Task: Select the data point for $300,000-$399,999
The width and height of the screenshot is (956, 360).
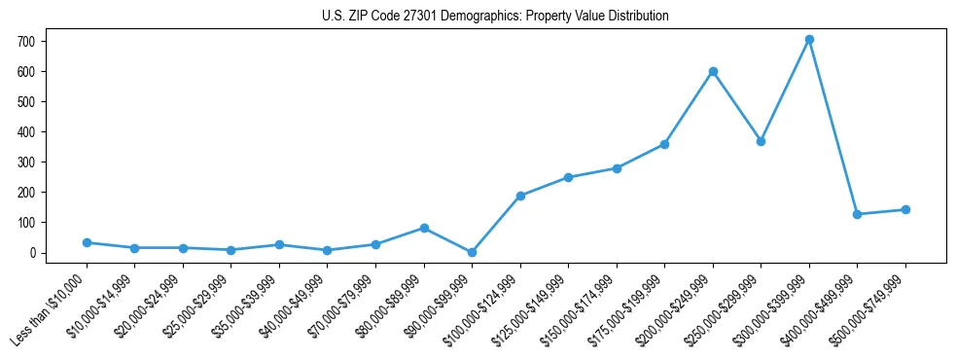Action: pos(809,40)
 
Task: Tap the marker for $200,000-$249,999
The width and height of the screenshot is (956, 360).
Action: pos(713,71)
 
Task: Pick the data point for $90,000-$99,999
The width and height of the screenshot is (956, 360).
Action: pos(472,252)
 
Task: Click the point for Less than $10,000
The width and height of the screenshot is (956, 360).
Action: pos(87,242)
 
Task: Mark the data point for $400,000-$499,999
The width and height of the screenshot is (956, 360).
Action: pos(857,214)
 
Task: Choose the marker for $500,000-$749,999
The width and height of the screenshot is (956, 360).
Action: pos(905,209)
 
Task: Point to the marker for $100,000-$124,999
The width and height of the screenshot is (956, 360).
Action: pos(520,196)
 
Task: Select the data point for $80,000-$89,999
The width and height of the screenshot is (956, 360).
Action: pos(424,228)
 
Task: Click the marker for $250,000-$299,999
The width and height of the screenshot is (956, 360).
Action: pos(761,141)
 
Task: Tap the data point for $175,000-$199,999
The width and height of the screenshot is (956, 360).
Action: pos(664,144)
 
